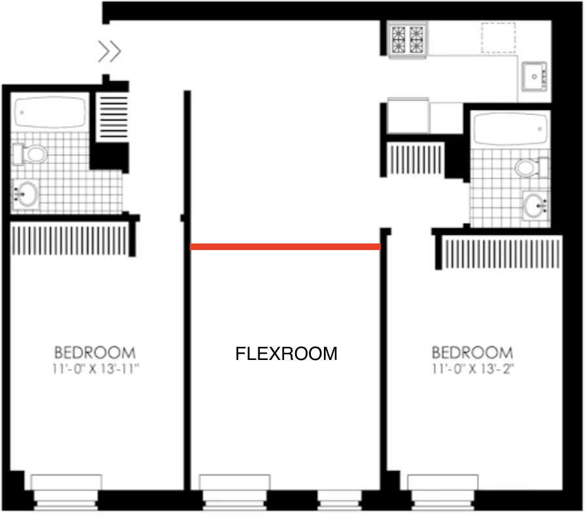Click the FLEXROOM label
point(286,353)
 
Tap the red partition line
point(285,247)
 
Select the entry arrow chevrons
point(110,51)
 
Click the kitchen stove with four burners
point(408,39)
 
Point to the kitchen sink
point(534,77)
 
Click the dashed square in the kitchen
point(499,38)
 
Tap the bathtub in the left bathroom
point(50,112)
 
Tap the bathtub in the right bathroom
point(511,129)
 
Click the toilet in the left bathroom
point(30,154)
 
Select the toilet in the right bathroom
point(531,168)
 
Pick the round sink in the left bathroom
point(26,194)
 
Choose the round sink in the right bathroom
point(535,206)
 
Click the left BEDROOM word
point(95,353)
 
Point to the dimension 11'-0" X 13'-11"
point(95,369)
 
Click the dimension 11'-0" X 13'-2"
point(472,369)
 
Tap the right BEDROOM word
point(472,353)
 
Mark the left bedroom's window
point(66,492)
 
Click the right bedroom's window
point(443,492)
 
